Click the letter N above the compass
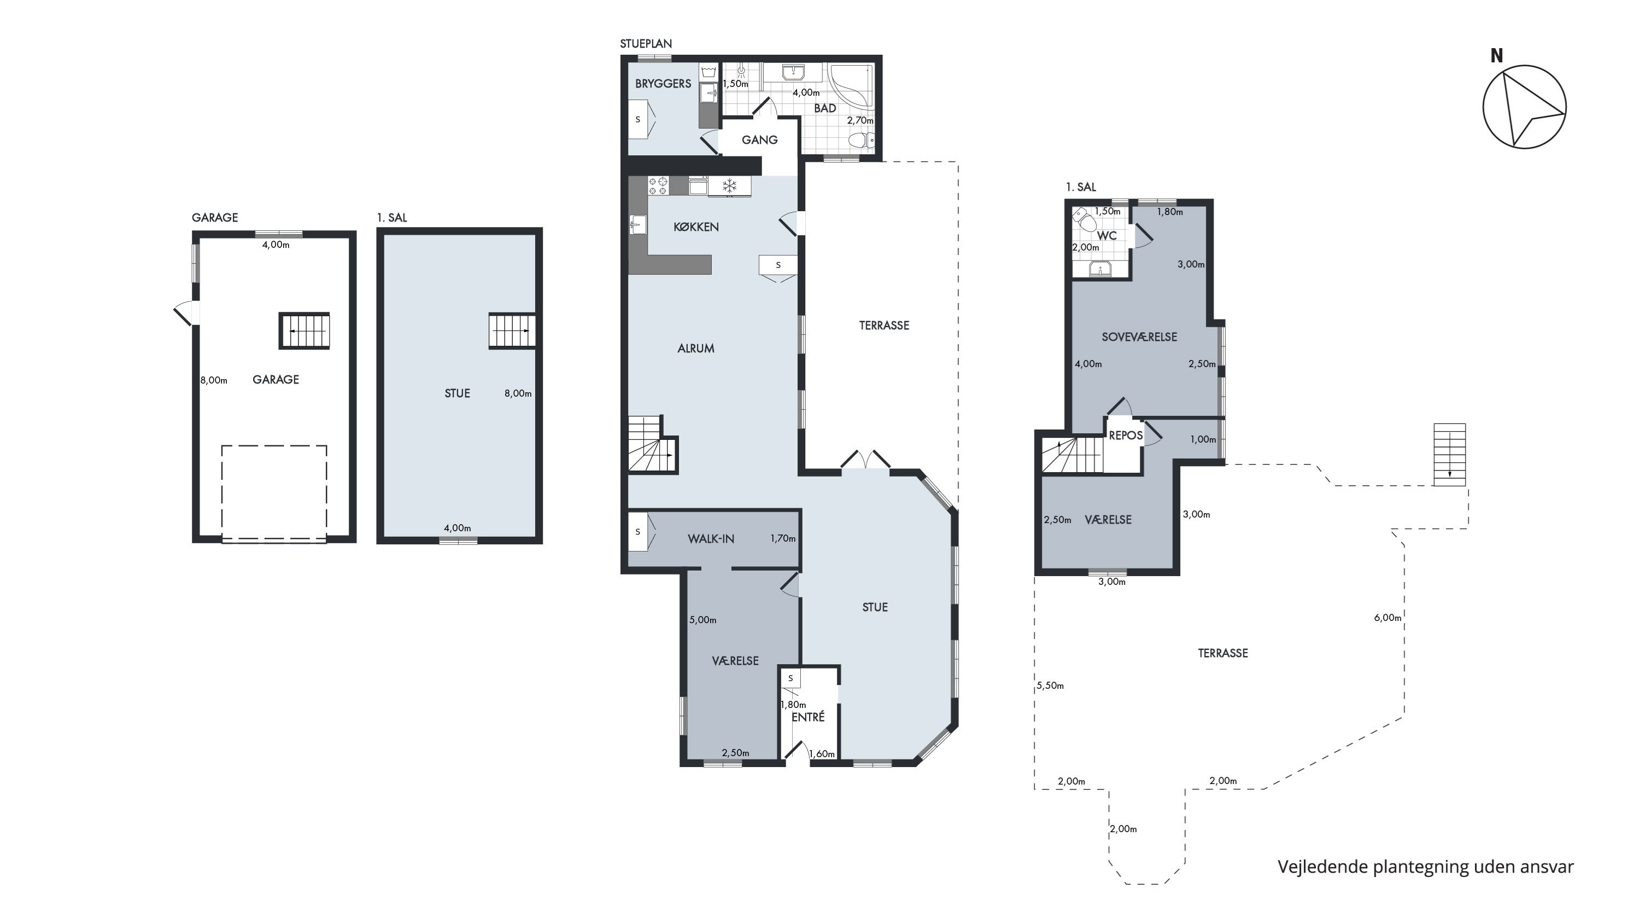click(1496, 56)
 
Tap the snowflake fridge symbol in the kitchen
click(729, 186)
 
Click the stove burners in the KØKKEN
click(658, 186)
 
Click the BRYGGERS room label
click(663, 84)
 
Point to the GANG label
click(759, 140)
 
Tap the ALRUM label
click(696, 349)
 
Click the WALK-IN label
click(711, 539)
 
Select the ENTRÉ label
click(808, 717)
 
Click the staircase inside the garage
click(304, 330)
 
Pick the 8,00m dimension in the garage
click(214, 380)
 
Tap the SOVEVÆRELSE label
click(1139, 337)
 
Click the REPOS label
click(1126, 436)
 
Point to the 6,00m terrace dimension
click(1388, 617)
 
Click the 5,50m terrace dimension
click(1051, 686)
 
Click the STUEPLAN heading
click(646, 44)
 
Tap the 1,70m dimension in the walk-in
click(783, 538)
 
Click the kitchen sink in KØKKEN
click(637, 225)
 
